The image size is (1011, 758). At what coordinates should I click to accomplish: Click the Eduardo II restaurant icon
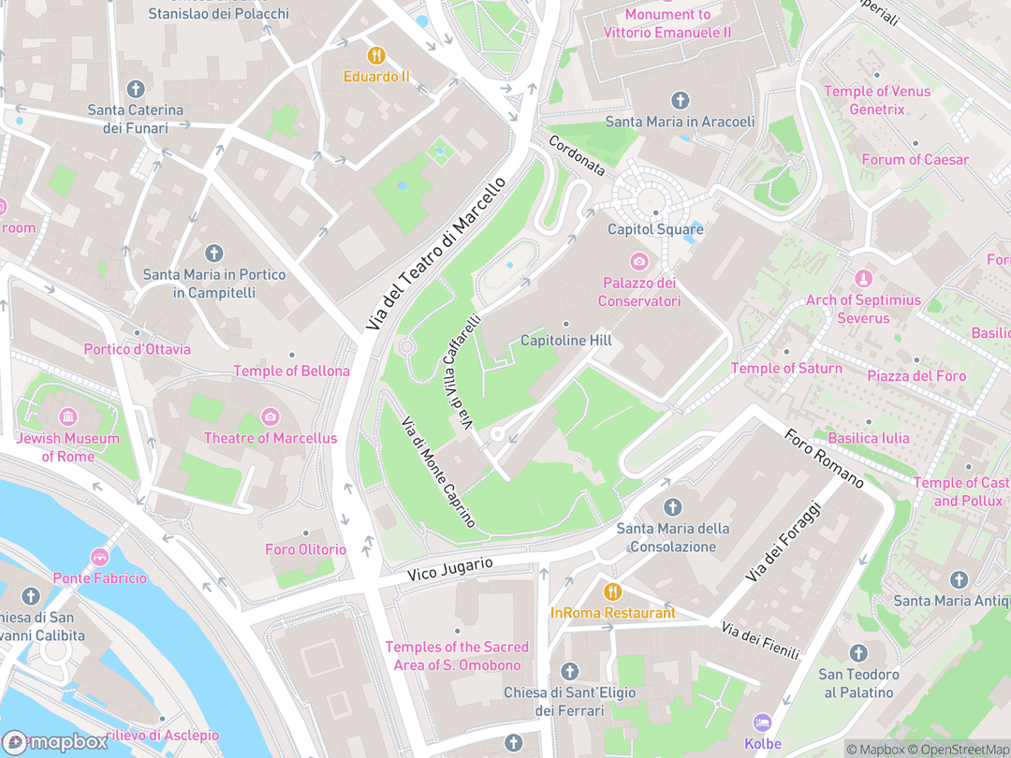(x=377, y=55)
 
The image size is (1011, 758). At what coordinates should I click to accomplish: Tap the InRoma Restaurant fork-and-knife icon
(x=612, y=591)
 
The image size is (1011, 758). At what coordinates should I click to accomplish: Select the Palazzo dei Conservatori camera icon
(x=639, y=261)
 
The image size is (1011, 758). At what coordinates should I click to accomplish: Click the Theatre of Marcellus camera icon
(x=271, y=416)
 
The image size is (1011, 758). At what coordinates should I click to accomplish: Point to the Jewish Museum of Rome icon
(x=67, y=416)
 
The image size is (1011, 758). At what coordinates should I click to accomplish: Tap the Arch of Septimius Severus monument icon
(x=863, y=279)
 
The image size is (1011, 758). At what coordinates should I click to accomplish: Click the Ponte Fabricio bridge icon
(x=99, y=558)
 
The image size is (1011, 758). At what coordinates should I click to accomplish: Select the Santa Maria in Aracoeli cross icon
(x=681, y=100)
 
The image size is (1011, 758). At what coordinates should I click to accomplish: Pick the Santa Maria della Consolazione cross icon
(x=672, y=507)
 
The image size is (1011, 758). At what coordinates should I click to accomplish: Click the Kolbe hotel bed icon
(x=762, y=722)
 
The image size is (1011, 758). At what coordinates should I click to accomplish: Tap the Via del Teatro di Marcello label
(x=436, y=253)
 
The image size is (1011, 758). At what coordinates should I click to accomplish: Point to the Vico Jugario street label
(x=450, y=568)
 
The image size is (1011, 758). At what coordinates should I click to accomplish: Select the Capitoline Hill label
(x=566, y=341)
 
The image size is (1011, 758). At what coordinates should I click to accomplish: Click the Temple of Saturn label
(x=786, y=368)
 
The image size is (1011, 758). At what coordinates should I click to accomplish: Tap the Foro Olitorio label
(x=305, y=549)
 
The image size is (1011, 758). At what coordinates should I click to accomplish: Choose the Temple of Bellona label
(x=291, y=371)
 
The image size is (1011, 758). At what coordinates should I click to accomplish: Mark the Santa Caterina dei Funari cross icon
(x=136, y=89)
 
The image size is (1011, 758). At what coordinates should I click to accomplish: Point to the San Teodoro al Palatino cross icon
(x=858, y=653)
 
